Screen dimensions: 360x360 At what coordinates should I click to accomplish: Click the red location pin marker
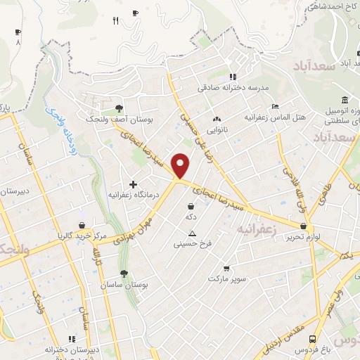pos(181,166)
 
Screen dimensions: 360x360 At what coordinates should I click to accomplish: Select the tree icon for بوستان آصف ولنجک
pos(118,108)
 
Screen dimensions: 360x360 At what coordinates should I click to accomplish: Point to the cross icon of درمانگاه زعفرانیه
pos(133,184)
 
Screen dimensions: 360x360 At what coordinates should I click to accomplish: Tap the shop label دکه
pos(191,218)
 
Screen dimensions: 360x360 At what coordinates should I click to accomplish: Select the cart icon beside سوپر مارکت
pos(226,268)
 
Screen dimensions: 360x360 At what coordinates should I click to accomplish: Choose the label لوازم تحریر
pos(303,238)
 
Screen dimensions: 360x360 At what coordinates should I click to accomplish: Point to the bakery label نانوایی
pos(216,131)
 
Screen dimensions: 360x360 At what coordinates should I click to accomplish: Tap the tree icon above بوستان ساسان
pos(124,274)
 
